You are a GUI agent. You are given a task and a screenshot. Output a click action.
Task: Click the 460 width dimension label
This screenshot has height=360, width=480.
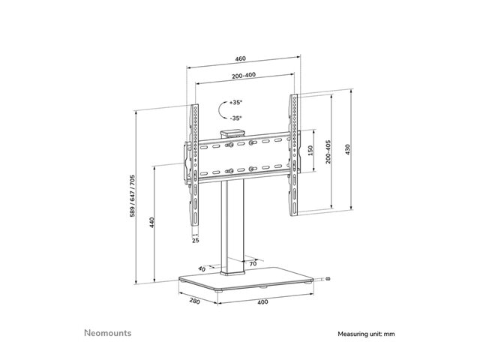coord(240,58)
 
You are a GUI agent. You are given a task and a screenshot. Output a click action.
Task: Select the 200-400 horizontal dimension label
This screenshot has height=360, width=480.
coord(244,75)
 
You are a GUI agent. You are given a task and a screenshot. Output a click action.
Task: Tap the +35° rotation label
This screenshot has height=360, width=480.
coord(235,103)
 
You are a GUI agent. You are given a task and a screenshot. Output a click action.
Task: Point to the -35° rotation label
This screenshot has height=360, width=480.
coord(235,118)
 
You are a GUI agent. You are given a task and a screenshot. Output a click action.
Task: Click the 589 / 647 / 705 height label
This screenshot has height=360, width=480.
coord(132,196)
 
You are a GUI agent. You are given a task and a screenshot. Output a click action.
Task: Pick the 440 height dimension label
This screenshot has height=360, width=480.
coord(151,223)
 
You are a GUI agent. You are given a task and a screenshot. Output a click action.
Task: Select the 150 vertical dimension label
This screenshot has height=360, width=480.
coord(310,150)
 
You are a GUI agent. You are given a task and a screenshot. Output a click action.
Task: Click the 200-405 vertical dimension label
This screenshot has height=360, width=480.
coord(328,151)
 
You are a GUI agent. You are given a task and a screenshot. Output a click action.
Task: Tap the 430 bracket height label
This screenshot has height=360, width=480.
coord(347,149)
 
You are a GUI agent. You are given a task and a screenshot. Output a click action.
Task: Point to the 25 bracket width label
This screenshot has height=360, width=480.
coord(196,241)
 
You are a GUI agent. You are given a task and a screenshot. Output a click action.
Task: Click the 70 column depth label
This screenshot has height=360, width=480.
coord(253,263)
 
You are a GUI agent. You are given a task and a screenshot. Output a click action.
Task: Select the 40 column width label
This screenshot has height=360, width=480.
coord(202,269)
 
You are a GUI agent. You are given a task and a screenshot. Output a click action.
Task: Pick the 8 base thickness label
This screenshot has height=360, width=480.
coord(328,279)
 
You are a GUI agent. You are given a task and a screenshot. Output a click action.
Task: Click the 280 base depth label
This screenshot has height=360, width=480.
coord(194,301)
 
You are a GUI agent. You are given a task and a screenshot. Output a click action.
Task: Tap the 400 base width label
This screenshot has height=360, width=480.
coord(262,302)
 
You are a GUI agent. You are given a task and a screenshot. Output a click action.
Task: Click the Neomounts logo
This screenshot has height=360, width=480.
coord(108,333)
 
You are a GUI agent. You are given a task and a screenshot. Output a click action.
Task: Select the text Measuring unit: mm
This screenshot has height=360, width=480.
coord(366,334)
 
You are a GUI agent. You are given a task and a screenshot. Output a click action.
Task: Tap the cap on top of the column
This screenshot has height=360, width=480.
coord(232,133)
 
